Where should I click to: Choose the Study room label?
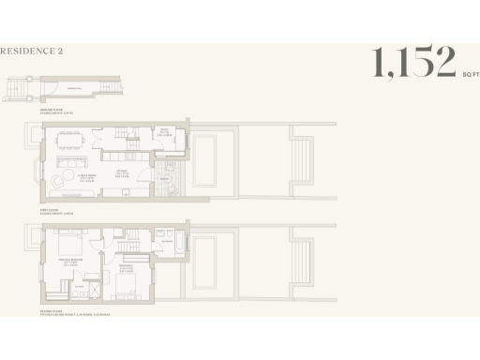coord(162,132)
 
